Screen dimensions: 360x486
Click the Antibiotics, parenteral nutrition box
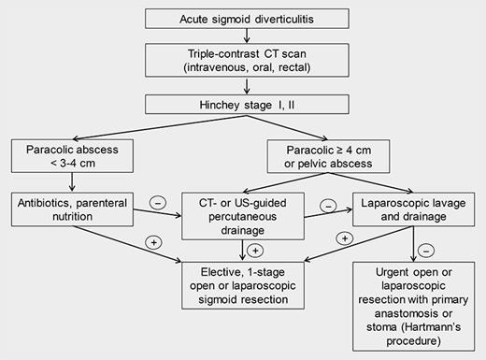point(71,210)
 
